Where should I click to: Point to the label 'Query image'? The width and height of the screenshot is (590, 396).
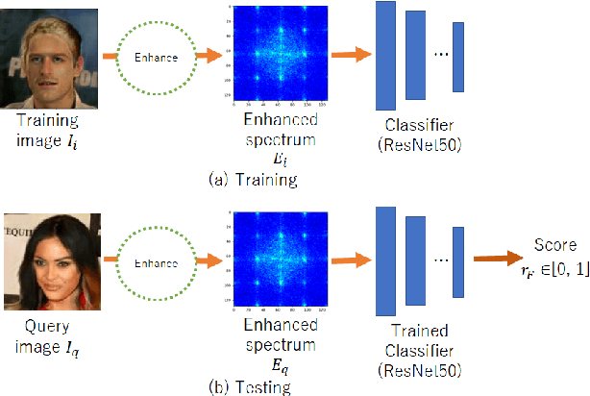[48, 337]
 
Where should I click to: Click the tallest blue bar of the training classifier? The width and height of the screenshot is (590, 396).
[385, 56]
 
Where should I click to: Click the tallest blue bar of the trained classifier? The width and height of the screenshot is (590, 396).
[385, 260]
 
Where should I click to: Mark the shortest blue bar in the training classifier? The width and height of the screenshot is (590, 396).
[458, 56]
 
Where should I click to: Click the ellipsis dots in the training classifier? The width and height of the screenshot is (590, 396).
[440, 56]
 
